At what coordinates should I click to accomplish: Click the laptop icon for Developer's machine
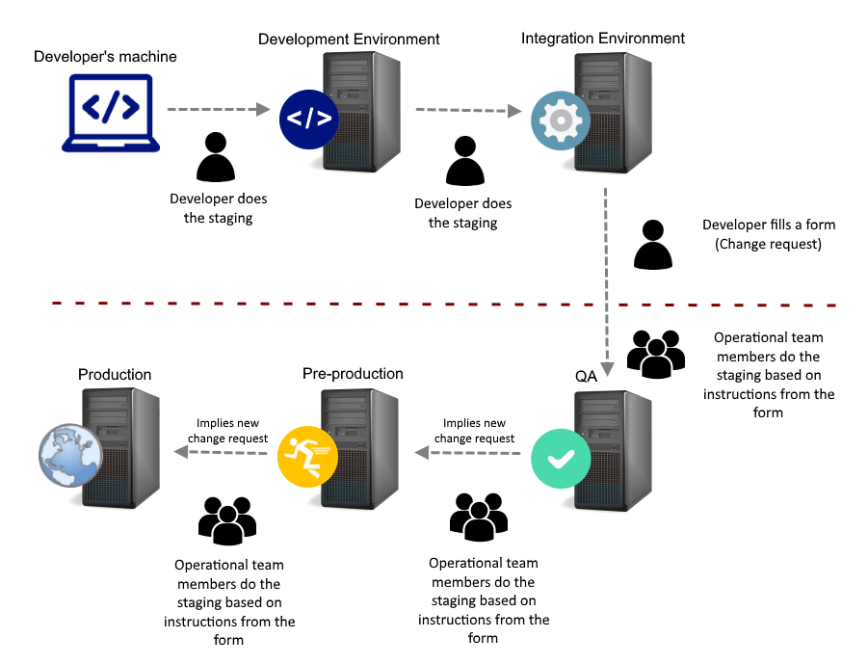(111, 114)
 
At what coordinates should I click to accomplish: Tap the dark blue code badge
(309, 120)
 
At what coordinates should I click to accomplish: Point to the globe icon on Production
(66, 454)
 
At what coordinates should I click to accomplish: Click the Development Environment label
(349, 40)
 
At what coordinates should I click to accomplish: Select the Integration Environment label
(603, 39)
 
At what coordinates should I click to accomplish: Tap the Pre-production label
(353, 374)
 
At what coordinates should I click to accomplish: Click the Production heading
(115, 375)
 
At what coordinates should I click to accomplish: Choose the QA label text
(586, 378)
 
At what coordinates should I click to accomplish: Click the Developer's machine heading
(105, 57)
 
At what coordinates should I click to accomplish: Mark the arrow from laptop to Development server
(219, 110)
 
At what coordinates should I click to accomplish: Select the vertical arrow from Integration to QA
(607, 279)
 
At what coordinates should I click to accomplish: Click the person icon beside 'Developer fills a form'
(653, 245)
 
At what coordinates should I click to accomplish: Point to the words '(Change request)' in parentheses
(768, 244)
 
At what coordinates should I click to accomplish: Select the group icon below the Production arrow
(227, 521)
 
